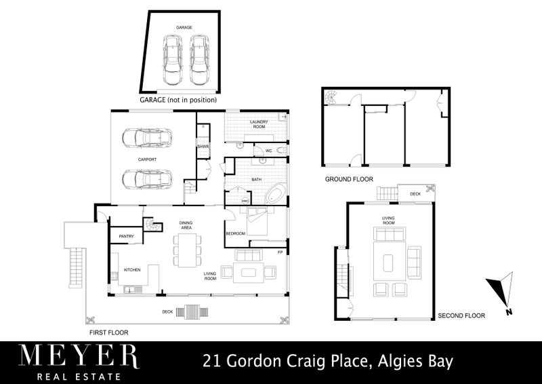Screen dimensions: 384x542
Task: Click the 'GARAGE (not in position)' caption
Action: click(x=178, y=100)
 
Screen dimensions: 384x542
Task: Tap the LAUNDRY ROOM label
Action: click(x=260, y=124)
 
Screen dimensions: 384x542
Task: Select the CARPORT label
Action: click(x=148, y=159)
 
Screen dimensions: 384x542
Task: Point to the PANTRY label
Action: click(x=127, y=236)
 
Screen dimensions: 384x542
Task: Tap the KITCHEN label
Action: click(x=131, y=269)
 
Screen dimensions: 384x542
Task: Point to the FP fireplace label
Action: click(x=279, y=252)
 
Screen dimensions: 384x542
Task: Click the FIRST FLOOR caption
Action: click(x=108, y=332)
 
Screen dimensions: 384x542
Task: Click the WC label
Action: click(x=268, y=149)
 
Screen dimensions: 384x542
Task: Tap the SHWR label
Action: click(x=202, y=147)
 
